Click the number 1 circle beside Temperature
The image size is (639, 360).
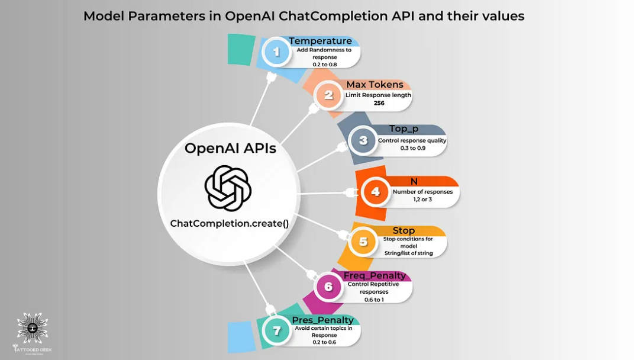point(276,52)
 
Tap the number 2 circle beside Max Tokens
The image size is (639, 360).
point(328,95)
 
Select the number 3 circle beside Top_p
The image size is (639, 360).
point(363,141)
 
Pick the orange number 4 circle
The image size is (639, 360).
point(375,192)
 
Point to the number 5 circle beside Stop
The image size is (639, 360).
point(363,242)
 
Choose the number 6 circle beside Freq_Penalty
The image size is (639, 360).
point(328,287)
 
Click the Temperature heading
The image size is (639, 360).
point(320,41)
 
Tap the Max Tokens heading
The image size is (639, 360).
point(375,85)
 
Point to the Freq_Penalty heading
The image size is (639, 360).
point(375,275)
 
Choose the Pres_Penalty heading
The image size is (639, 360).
point(322,320)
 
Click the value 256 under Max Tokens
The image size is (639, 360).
point(379,103)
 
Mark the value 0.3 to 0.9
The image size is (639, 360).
point(412,148)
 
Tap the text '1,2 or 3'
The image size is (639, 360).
point(422,200)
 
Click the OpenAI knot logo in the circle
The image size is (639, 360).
point(228,188)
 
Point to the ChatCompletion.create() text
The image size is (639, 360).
point(229,223)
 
